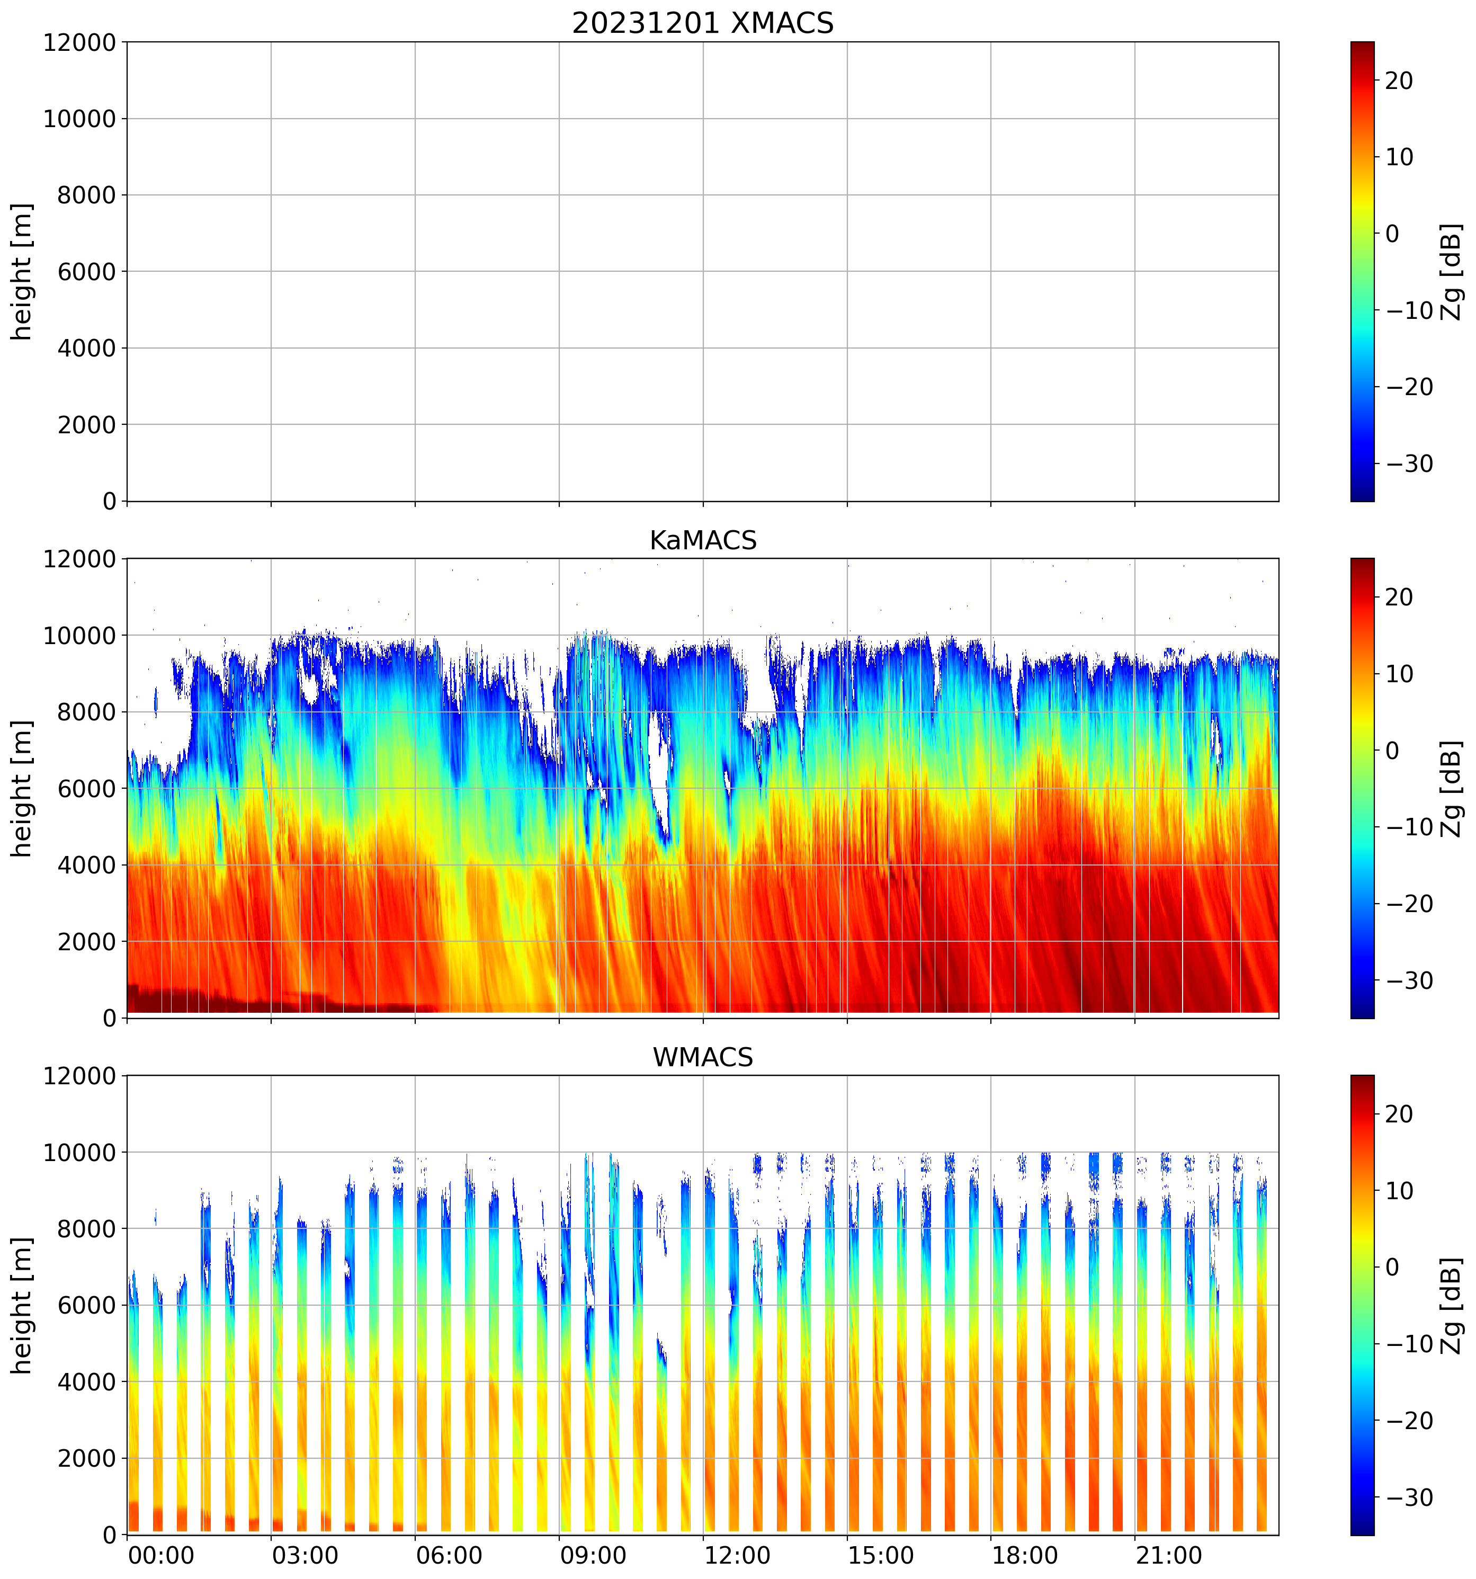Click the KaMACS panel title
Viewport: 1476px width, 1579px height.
[703, 540]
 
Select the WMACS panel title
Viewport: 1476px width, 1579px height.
[703, 1057]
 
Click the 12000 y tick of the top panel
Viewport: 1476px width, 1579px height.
[79, 43]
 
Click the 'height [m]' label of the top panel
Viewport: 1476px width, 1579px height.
[22, 272]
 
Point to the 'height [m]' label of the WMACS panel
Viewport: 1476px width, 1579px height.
[22, 1305]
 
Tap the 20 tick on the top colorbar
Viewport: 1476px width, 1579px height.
[1399, 81]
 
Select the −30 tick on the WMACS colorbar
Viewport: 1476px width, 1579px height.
[1409, 1498]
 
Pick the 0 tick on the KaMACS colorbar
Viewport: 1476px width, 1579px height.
[1392, 751]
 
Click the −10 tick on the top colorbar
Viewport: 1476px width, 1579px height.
[1409, 310]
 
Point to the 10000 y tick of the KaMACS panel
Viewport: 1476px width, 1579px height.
[79, 636]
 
